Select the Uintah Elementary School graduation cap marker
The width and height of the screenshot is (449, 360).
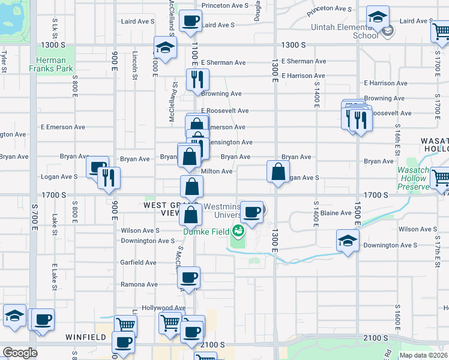(378, 18)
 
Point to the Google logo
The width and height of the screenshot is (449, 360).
(20, 353)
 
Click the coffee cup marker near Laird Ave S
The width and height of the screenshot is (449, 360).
(191, 21)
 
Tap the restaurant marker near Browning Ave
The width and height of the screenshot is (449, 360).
(197, 79)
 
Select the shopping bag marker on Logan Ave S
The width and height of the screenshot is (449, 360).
(279, 172)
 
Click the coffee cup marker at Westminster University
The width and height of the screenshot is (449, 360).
(253, 211)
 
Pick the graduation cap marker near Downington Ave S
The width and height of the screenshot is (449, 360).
(348, 240)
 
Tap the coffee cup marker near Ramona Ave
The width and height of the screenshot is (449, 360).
(189, 277)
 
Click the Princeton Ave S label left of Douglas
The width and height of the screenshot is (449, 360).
(224, 5)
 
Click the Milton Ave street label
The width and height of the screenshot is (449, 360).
(217, 171)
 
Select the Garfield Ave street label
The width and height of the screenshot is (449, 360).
(139, 262)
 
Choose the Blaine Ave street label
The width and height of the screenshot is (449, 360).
(336, 213)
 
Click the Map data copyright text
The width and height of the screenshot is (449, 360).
(423, 355)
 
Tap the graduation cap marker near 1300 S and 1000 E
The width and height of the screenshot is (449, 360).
(164, 47)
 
